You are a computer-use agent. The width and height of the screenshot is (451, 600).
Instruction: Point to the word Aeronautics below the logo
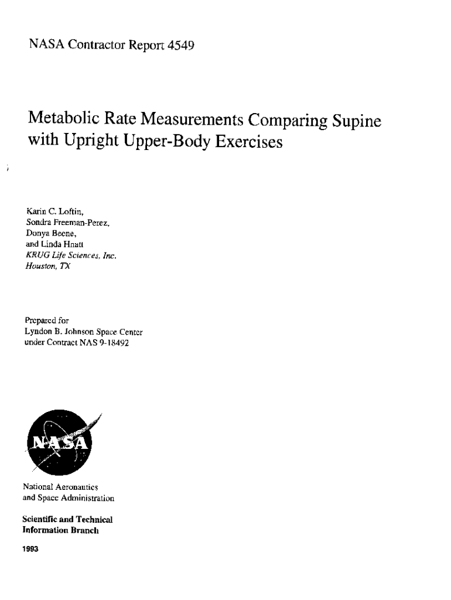(x=73, y=487)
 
